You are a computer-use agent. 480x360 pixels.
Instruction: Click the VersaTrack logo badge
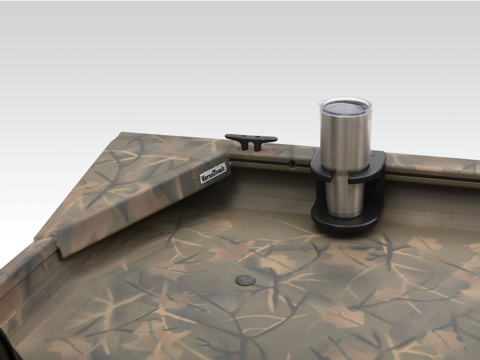(214, 173)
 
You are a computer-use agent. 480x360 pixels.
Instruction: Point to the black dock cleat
(251, 140)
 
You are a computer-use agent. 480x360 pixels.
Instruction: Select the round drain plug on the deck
(245, 280)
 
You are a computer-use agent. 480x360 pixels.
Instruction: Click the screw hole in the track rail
(293, 163)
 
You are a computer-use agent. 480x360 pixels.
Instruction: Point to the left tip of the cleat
(226, 136)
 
